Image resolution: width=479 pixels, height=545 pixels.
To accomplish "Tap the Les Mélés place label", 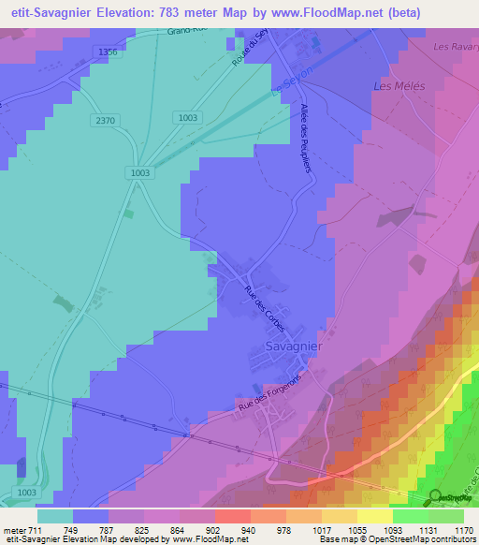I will coord(399,86).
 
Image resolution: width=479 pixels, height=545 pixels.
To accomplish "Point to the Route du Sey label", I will coord(251,48).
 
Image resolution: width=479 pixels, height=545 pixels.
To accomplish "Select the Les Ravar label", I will coord(455,46).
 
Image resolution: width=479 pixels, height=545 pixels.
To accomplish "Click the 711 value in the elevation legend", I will coord(27,529).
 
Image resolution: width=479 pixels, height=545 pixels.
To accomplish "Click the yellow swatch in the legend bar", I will coord(374,516).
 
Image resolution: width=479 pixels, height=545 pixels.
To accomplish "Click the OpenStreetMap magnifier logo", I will coord(436,497).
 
